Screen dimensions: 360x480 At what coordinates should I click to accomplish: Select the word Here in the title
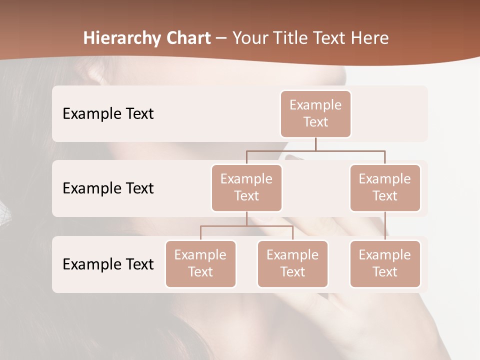coord(369,38)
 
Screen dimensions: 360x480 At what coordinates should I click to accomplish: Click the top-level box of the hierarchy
coord(315,113)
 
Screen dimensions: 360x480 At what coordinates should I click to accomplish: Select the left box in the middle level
coord(246,187)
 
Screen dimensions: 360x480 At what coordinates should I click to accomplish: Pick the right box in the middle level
coord(385,187)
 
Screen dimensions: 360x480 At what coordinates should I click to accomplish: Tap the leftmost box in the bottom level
coord(200,263)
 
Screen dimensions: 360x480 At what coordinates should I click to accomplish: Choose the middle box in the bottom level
coord(292,263)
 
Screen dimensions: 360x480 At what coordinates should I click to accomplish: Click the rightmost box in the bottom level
coord(385,263)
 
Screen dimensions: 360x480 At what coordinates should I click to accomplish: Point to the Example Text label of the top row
coord(108,113)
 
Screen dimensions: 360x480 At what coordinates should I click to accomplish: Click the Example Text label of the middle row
coord(108,188)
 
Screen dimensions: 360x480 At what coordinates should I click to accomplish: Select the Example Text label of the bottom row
coord(108,264)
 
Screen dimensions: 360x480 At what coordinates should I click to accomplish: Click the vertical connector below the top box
coord(315,144)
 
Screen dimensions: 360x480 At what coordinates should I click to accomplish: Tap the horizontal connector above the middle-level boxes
coord(315,150)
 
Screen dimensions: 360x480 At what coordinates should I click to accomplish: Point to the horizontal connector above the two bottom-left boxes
coord(246,226)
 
